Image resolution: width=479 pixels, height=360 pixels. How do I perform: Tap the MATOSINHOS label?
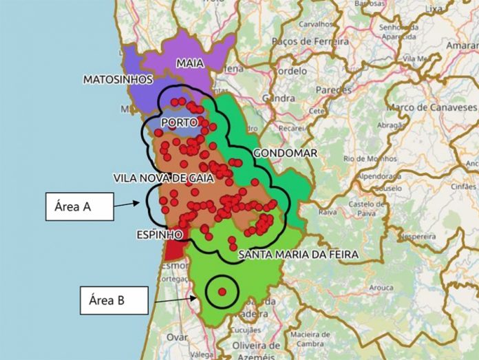[x=118, y=80]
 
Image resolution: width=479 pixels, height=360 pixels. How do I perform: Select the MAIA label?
[x=190, y=63]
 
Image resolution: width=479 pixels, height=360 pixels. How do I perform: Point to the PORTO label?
[x=179, y=122]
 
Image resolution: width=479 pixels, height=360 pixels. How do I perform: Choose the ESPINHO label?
[x=159, y=235]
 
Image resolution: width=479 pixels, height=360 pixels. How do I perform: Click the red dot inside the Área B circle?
[x=222, y=292]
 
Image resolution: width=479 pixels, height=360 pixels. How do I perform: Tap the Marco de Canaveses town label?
[x=432, y=108]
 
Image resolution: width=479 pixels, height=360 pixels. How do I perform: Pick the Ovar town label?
[x=178, y=337]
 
